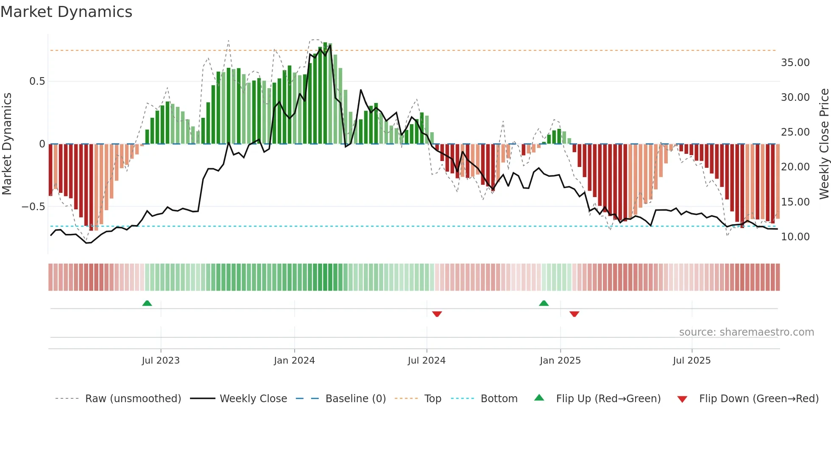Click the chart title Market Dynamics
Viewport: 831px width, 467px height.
pyautogui.click(x=66, y=12)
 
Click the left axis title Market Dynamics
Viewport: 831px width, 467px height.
pyautogui.click(x=7, y=144)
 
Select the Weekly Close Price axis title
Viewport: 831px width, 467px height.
pyautogui.click(x=824, y=144)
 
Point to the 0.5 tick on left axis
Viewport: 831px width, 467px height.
pyautogui.click(x=37, y=81)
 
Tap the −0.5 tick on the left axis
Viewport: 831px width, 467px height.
pyautogui.click(x=33, y=207)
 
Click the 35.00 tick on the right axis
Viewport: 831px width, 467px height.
pyautogui.click(x=795, y=63)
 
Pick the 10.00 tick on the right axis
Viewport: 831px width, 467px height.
pyautogui.click(x=795, y=237)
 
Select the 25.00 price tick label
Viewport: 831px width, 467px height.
pyautogui.click(x=795, y=132)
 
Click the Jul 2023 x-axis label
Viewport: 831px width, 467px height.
pyautogui.click(x=161, y=361)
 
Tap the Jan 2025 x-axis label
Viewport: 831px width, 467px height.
pyautogui.click(x=560, y=361)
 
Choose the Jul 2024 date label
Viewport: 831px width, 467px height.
pyautogui.click(x=427, y=361)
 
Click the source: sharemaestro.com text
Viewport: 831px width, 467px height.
pyautogui.click(x=746, y=332)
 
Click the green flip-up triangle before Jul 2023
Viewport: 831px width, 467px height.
pyautogui.click(x=147, y=303)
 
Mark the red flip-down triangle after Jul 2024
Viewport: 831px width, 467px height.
pyautogui.click(x=437, y=314)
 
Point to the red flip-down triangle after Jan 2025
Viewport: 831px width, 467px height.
pyautogui.click(x=574, y=314)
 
